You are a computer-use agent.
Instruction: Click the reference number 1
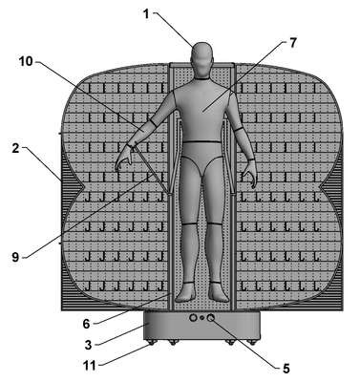pos(146,14)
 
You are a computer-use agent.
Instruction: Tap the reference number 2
pos(16,148)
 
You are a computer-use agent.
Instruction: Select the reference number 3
pos(88,345)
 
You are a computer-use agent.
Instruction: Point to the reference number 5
pos(286,369)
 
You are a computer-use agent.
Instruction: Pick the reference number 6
pos(87,324)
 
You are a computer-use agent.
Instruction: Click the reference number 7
pos(293,43)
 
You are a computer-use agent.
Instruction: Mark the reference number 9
pos(15,257)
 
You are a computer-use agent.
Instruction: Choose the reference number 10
pos(26,61)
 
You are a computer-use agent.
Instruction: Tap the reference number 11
pos(90,366)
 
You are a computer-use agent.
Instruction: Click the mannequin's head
pos(201,60)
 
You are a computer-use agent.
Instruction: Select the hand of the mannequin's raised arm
pos(124,157)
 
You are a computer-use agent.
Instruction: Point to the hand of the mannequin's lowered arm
pos(249,174)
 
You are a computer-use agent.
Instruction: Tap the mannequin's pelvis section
pos(202,156)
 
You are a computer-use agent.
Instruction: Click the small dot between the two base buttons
pos(201,318)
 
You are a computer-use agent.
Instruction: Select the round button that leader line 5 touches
pos(210,317)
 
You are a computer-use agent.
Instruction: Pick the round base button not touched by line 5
pos(193,317)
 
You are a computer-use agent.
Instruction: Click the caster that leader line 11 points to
pos(150,343)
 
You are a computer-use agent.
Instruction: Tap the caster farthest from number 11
pos(252,343)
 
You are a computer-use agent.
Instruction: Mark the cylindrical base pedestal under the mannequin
pos(201,327)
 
